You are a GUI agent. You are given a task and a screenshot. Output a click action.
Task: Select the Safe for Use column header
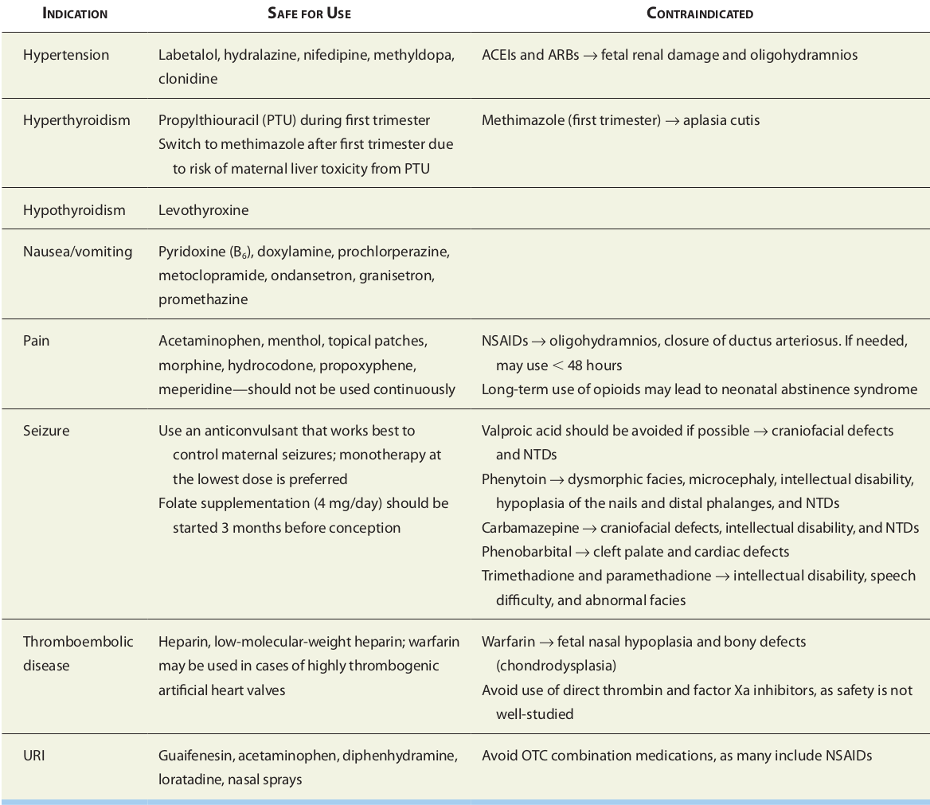click(309, 14)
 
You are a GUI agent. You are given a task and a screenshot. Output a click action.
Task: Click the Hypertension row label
click(66, 55)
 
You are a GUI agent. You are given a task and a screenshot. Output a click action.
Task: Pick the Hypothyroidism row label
click(74, 210)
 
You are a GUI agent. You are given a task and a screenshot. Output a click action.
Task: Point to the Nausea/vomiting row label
click(77, 252)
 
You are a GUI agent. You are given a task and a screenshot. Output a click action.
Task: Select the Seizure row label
click(46, 431)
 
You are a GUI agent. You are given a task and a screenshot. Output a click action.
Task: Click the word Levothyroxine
click(203, 210)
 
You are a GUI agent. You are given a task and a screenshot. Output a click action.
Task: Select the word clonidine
click(188, 79)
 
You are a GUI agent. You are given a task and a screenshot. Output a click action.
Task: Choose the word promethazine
click(203, 299)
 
